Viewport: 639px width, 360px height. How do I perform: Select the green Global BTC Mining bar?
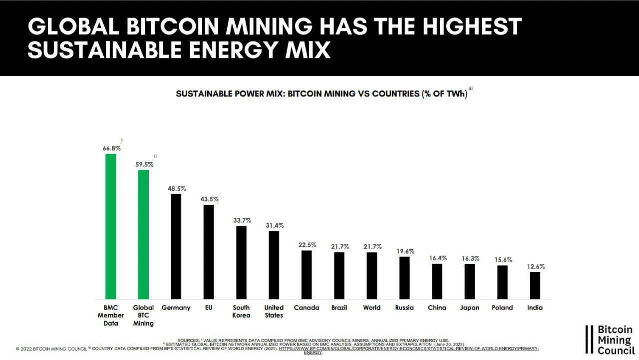pos(143,234)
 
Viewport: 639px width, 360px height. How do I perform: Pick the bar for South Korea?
pos(241,262)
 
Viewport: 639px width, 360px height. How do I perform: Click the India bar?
pos(535,285)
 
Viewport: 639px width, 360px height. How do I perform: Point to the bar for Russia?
pos(404,278)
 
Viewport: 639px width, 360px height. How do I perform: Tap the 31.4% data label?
pos(274,225)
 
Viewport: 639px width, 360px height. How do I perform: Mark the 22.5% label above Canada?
pos(306,245)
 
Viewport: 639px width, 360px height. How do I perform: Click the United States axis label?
pos(274,311)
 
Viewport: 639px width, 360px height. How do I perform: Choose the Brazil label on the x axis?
pos(339,308)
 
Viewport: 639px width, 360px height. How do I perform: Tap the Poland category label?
pos(502,308)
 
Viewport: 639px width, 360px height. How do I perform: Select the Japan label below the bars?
pos(469,308)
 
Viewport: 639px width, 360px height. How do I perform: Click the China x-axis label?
pos(437,308)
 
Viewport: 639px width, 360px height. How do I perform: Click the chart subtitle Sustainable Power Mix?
pos(321,93)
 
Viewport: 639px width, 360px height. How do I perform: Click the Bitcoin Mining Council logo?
pos(611,340)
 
